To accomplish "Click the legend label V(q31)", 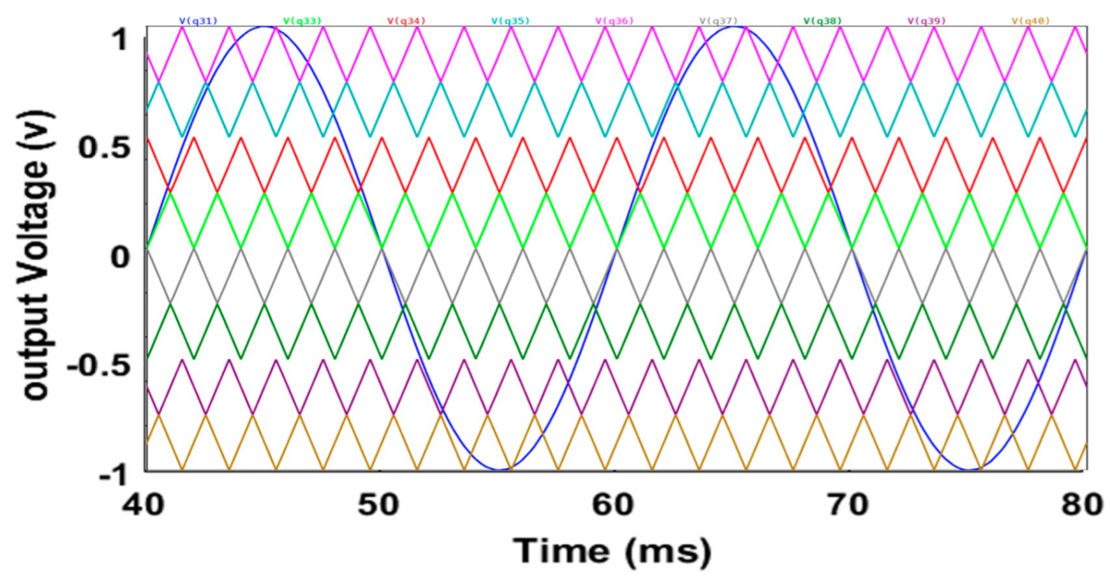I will tap(199, 21).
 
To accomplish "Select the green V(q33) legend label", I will tap(303, 21).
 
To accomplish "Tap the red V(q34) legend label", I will tap(406, 21).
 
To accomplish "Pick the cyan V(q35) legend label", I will tap(510, 21).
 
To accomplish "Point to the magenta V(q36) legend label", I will tap(615, 21).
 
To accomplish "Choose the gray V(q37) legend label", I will tap(719, 21).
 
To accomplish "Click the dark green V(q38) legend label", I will tap(823, 21).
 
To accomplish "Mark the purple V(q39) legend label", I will tap(926, 21).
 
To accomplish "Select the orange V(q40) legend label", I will tap(1031, 21).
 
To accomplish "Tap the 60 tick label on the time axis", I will tap(613, 505).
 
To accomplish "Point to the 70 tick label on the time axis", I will tap(848, 505).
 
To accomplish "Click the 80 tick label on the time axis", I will tap(1082, 505).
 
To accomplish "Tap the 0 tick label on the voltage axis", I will tap(120, 257).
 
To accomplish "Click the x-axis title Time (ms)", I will tap(612, 552).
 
